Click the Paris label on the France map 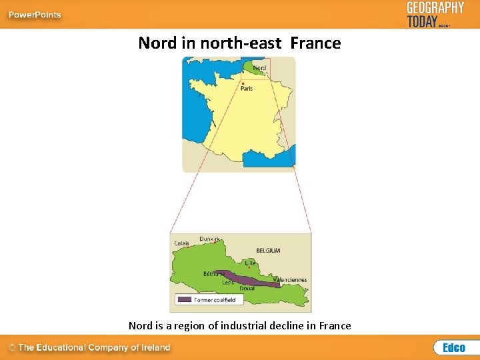pos(247,88)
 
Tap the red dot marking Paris pos(243,83)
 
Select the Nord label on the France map pos(259,67)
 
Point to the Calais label pos(182,243)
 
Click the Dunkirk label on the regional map pos(209,239)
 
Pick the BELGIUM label pos(268,251)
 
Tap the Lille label pos(250,263)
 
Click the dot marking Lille pos(249,267)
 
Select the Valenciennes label pos(288,279)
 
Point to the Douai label pos(247,289)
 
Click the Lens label pos(228,283)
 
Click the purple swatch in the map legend pos(185,300)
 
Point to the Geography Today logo pos(435,14)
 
